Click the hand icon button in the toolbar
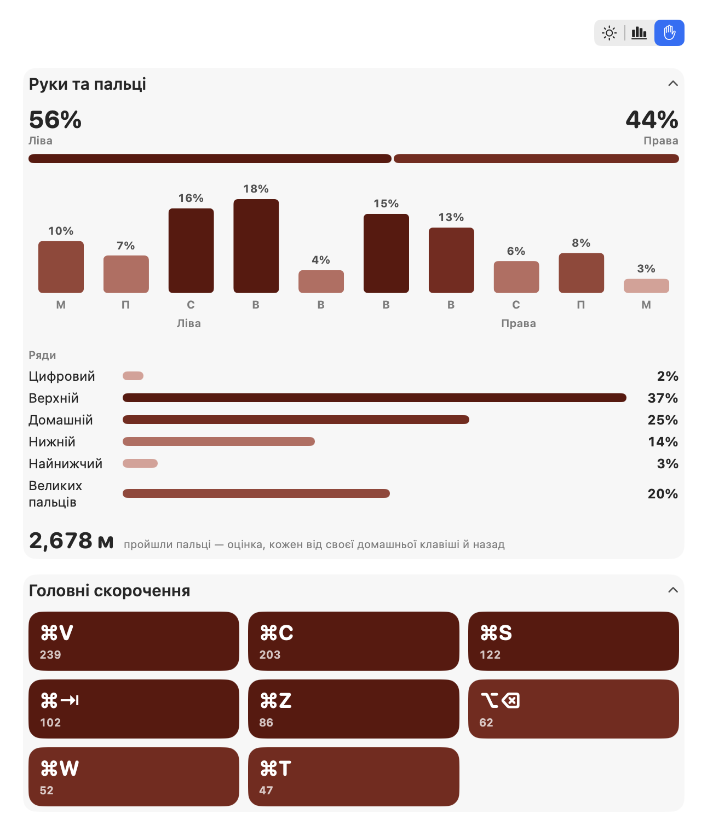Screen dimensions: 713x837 click(x=669, y=33)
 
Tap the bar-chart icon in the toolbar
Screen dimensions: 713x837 click(x=639, y=33)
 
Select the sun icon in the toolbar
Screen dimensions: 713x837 click(x=609, y=33)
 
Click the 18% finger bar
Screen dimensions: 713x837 click(x=256, y=246)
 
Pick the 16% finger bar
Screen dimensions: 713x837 click(x=191, y=251)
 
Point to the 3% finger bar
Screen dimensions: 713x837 click(x=646, y=286)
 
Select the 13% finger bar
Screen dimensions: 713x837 click(x=451, y=260)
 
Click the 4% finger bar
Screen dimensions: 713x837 click(x=321, y=281)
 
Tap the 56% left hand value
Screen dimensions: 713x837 click(x=55, y=120)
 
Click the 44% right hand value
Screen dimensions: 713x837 click(x=652, y=120)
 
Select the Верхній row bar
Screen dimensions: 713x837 click(x=374, y=398)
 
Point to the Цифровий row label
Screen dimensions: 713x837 click(x=62, y=376)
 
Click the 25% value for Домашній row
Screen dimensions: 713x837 click(x=662, y=420)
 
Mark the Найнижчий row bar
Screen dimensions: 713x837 click(x=140, y=463)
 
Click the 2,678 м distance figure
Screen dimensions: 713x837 click(x=71, y=540)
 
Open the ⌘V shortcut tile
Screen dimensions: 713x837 click(x=134, y=641)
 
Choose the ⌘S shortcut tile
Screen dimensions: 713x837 click(x=573, y=641)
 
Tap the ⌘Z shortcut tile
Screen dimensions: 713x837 click(x=353, y=708)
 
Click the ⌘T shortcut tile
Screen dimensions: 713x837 click(x=353, y=776)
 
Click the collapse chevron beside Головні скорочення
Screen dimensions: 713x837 click(x=672, y=590)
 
